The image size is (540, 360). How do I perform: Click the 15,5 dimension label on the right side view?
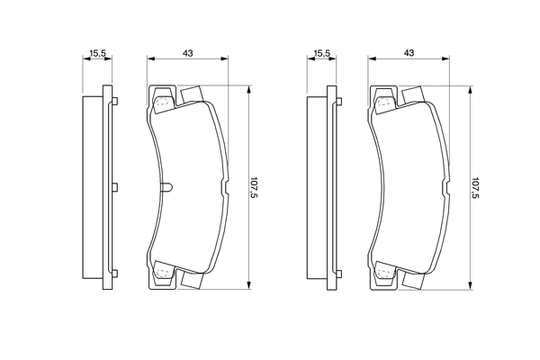(319, 54)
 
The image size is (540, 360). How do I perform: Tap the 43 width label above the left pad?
(187, 54)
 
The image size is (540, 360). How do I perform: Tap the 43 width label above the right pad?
(409, 54)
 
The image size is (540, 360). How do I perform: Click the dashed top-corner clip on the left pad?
(162, 102)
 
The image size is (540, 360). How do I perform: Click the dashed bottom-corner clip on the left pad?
(162, 273)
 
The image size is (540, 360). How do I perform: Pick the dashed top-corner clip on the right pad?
(384, 102)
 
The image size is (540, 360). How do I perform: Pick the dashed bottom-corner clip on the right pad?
(384, 273)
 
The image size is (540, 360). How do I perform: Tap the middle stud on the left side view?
(115, 187)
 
